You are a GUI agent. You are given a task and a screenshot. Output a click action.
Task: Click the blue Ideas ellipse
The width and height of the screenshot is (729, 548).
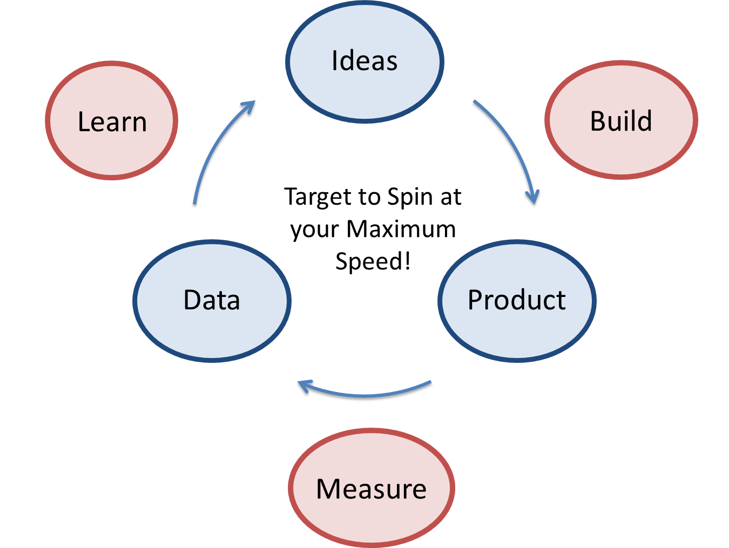click(364, 86)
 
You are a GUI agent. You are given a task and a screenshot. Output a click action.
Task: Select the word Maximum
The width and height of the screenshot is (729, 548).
click(401, 229)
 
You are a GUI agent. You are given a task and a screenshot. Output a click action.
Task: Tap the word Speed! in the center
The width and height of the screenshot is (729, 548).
click(373, 261)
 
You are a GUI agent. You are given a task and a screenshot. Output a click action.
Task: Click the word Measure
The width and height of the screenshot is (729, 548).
click(372, 489)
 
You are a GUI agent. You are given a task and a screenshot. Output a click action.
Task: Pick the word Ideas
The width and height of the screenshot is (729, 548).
click(364, 60)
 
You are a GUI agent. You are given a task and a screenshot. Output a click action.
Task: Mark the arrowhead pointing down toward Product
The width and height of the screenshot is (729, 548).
click(534, 199)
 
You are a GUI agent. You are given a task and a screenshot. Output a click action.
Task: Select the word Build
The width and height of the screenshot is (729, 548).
click(621, 121)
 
